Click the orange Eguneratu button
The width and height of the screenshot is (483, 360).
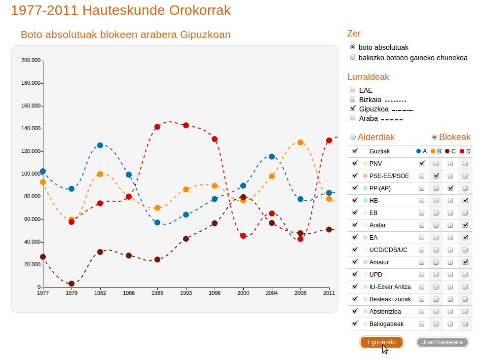tap(381, 342)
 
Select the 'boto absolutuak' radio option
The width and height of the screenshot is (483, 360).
tap(353, 47)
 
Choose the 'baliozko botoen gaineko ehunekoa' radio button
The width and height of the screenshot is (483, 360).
tap(353, 58)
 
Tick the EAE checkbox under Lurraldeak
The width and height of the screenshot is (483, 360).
tap(353, 90)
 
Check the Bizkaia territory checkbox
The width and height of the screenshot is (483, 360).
tap(353, 99)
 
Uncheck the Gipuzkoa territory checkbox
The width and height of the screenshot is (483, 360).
tap(353, 108)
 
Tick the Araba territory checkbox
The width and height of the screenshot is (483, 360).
tap(353, 118)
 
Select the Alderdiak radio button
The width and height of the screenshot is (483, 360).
tap(353, 137)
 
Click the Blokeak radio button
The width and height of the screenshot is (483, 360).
tap(435, 137)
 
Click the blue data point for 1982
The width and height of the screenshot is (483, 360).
tap(100, 145)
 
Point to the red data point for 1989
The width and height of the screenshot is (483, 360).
tap(157, 127)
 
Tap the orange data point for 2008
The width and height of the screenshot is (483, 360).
tap(300, 143)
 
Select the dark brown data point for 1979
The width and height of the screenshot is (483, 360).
tap(72, 284)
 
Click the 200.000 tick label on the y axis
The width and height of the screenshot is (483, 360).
tap(31, 60)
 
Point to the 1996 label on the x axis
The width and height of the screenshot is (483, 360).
tap(215, 293)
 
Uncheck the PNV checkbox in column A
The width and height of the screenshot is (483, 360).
tap(422, 163)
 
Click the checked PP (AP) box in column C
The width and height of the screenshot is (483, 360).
tap(450, 188)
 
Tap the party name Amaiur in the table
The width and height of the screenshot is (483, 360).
tap(379, 262)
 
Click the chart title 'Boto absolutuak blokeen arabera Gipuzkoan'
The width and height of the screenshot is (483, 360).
tap(125, 35)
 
